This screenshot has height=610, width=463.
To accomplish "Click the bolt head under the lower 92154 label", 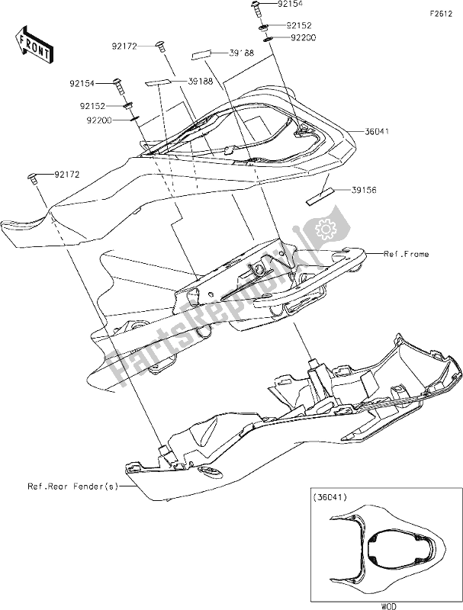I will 117,83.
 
